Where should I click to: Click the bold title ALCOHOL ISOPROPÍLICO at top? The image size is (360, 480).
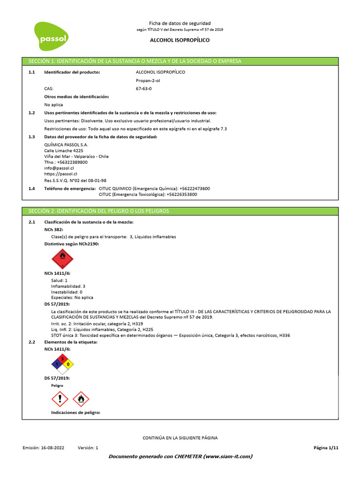pyautogui.click(x=180, y=40)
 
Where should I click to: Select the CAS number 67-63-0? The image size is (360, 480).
pyautogui.click(x=143, y=89)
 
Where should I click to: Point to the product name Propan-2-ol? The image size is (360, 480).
pyautogui.click(x=148, y=81)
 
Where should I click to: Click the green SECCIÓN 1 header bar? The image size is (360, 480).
pyautogui.click(x=180, y=61)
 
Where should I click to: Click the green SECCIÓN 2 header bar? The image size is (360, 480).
pyautogui.click(x=180, y=211)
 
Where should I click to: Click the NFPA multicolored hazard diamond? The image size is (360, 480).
pyautogui.click(x=62, y=364)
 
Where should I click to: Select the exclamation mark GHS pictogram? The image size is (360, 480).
pyautogui.click(x=60, y=399)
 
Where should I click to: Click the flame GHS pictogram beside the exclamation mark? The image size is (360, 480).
pyautogui.click(x=81, y=399)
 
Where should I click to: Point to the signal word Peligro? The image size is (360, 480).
pyautogui.click(x=57, y=385)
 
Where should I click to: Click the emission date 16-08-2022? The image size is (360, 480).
pyautogui.click(x=52, y=448)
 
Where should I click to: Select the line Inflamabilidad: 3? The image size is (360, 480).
pyautogui.click(x=68, y=286)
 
